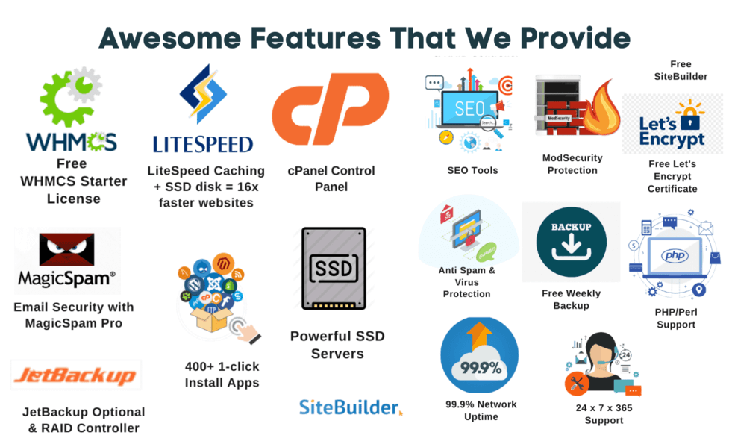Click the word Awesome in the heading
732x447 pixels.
(x=170, y=38)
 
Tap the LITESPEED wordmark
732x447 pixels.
(x=203, y=145)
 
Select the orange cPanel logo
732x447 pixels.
(x=331, y=108)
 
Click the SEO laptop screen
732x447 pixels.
(x=469, y=108)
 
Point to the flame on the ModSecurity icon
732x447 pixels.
(x=601, y=109)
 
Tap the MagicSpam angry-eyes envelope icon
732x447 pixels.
(x=66, y=249)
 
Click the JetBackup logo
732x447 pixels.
(x=75, y=375)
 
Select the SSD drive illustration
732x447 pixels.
(x=334, y=268)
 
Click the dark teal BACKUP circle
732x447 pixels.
(x=571, y=242)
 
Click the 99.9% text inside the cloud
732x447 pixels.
(x=481, y=368)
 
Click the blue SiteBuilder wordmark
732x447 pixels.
(x=349, y=407)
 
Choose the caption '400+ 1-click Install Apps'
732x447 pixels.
(x=222, y=375)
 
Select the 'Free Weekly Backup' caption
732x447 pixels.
(x=572, y=299)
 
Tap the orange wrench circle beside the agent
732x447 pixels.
(x=577, y=384)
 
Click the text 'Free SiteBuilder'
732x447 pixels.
(x=681, y=70)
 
